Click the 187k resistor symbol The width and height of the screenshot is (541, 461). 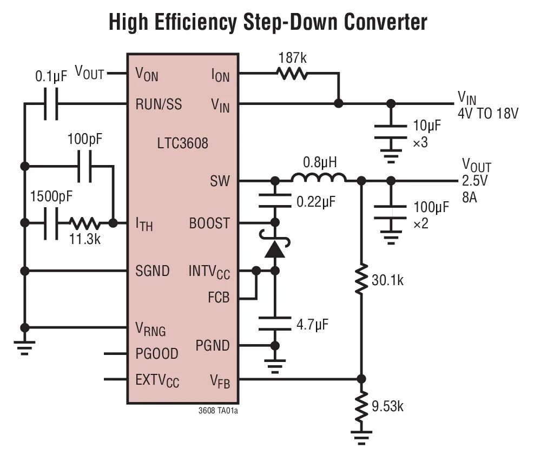292,73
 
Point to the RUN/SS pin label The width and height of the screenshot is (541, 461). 159,104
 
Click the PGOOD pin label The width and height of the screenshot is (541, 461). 156,354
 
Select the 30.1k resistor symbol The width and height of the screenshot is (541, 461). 361,279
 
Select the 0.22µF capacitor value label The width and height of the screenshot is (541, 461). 316,203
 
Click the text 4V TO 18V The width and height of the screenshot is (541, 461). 487,114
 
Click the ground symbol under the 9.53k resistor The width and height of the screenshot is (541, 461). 361,436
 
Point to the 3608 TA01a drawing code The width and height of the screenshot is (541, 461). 218,411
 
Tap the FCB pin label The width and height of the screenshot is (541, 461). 219,298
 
